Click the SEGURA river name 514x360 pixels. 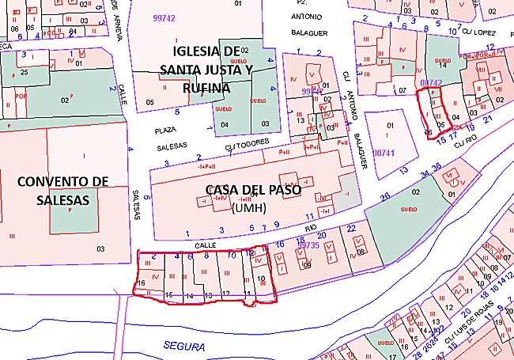click(x=183, y=347)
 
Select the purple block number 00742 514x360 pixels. click(x=430, y=82)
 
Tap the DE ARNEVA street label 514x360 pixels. click(x=115, y=14)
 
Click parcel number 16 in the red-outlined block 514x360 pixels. click(x=142, y=282)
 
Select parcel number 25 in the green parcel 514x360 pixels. click(x=25, y=73)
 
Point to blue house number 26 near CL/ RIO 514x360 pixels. click(x=385, y=196)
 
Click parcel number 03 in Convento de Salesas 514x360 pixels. click(x=100, y=249)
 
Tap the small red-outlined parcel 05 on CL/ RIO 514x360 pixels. click(x=440, y=124)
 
